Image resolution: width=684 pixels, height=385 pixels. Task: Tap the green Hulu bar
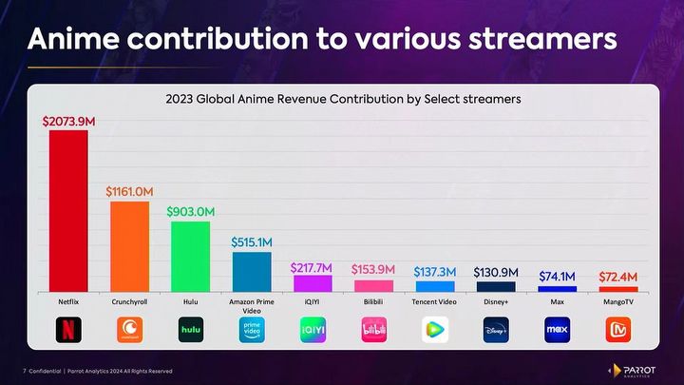click(x=190, y=256)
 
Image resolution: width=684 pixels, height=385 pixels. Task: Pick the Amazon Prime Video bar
click(x=252, y=271)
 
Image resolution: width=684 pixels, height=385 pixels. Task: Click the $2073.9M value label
click(x=68, y=121)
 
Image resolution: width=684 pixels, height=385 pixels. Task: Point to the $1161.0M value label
click(x=129, y=191)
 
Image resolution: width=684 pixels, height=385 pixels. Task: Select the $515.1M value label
click(x=252, y=241)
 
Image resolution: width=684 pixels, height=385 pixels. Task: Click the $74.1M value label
click(x=558, y=276)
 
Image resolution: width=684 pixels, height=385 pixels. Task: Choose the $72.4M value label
click(x=617, y=276)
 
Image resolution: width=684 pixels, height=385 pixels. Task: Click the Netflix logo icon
click(x=68, y=330)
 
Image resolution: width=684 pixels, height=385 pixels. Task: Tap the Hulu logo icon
click(x=191, y=330)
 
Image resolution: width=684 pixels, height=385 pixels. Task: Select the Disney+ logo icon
click(x=495, y=330)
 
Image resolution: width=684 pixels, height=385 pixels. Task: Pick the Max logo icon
click(x=557, y=330)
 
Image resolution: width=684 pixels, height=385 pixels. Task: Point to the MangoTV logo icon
click(x=618, y=330)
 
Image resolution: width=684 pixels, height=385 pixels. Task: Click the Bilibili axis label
click(x=373, y=300)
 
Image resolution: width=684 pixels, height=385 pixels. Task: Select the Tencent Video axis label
click(x=434, y=300)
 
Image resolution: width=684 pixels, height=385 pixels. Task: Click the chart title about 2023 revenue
click(x=343, y=98)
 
